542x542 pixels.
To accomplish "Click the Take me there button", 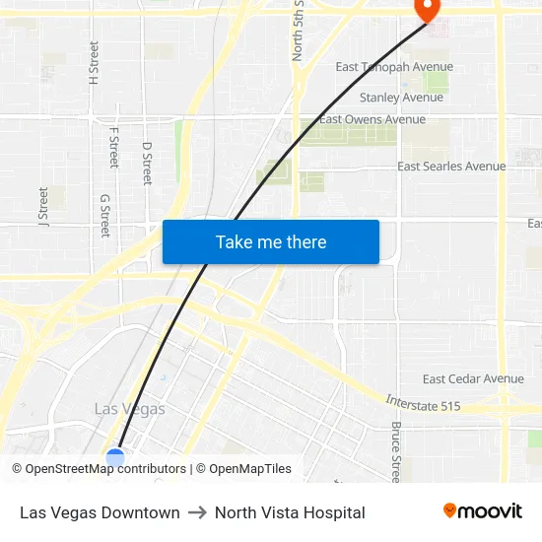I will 271,242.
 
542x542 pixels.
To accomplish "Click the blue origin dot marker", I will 115,457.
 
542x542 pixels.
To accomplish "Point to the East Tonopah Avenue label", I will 394,67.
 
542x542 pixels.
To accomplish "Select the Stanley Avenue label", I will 401,98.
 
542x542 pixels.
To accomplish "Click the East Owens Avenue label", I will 373,120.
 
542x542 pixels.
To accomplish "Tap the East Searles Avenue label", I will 451,167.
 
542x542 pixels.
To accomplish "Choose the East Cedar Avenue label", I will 473,378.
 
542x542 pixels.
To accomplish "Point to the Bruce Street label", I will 396,449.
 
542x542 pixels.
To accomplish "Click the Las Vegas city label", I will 129,408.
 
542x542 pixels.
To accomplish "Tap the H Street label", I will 95,62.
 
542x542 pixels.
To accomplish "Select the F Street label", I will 113,147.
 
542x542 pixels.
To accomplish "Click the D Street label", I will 148,163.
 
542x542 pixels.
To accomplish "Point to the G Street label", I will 105,215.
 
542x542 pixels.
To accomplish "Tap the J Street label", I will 43,207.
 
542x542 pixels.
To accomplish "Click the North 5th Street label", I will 298,32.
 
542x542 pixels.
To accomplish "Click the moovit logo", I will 483,510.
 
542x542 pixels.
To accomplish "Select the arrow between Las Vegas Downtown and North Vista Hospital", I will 197,512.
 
